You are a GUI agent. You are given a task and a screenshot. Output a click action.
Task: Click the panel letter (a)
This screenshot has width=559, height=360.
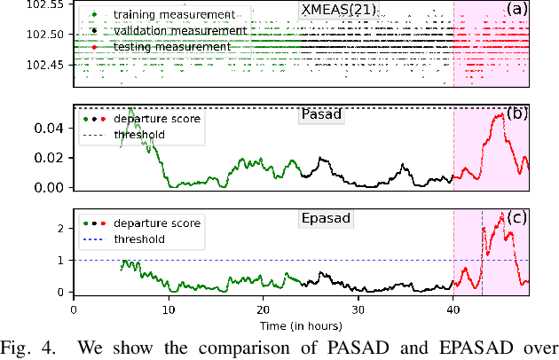click(x=516, y=11)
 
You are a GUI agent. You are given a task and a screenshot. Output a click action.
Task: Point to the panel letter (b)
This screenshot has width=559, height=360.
click(x=516, y=114)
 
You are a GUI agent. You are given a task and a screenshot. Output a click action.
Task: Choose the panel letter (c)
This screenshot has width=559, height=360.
click(x=516, y=220)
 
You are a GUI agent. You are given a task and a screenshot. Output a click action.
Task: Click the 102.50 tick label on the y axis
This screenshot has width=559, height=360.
click(x=44, y=35)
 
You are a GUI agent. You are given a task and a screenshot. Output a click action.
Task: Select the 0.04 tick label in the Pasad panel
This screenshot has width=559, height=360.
click(x=51, y=129)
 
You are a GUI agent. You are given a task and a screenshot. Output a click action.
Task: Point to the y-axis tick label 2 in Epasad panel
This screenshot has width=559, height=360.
click(x=60, y=229)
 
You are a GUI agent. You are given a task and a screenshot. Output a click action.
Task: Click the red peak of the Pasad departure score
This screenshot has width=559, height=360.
click(x=502, y=114)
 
